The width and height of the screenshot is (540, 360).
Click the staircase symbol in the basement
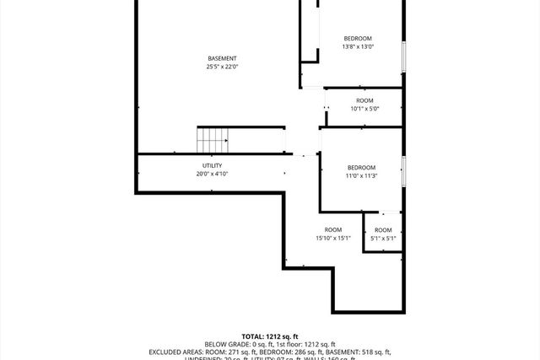[213, 139]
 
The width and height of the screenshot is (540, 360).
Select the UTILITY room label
[212, 165]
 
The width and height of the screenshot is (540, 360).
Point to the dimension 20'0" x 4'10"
[212, 174]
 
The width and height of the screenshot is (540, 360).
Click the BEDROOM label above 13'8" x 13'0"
[358, 39]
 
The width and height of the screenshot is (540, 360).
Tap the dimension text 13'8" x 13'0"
[358, 47]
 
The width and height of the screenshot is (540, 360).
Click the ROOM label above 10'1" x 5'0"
[364, 100]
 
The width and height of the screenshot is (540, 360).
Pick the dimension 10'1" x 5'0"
[364, 109]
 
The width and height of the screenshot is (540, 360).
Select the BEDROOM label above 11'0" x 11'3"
[361, 167]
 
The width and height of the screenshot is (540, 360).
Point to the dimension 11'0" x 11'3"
[361, 175]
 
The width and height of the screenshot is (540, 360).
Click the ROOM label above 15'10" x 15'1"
[333, 230]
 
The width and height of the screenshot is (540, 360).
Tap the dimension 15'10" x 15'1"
[333, 239]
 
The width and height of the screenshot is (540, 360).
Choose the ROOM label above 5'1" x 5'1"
[383, 230]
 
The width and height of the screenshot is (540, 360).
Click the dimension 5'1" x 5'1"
[383, 239]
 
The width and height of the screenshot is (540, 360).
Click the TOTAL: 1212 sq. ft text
[271, 336]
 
